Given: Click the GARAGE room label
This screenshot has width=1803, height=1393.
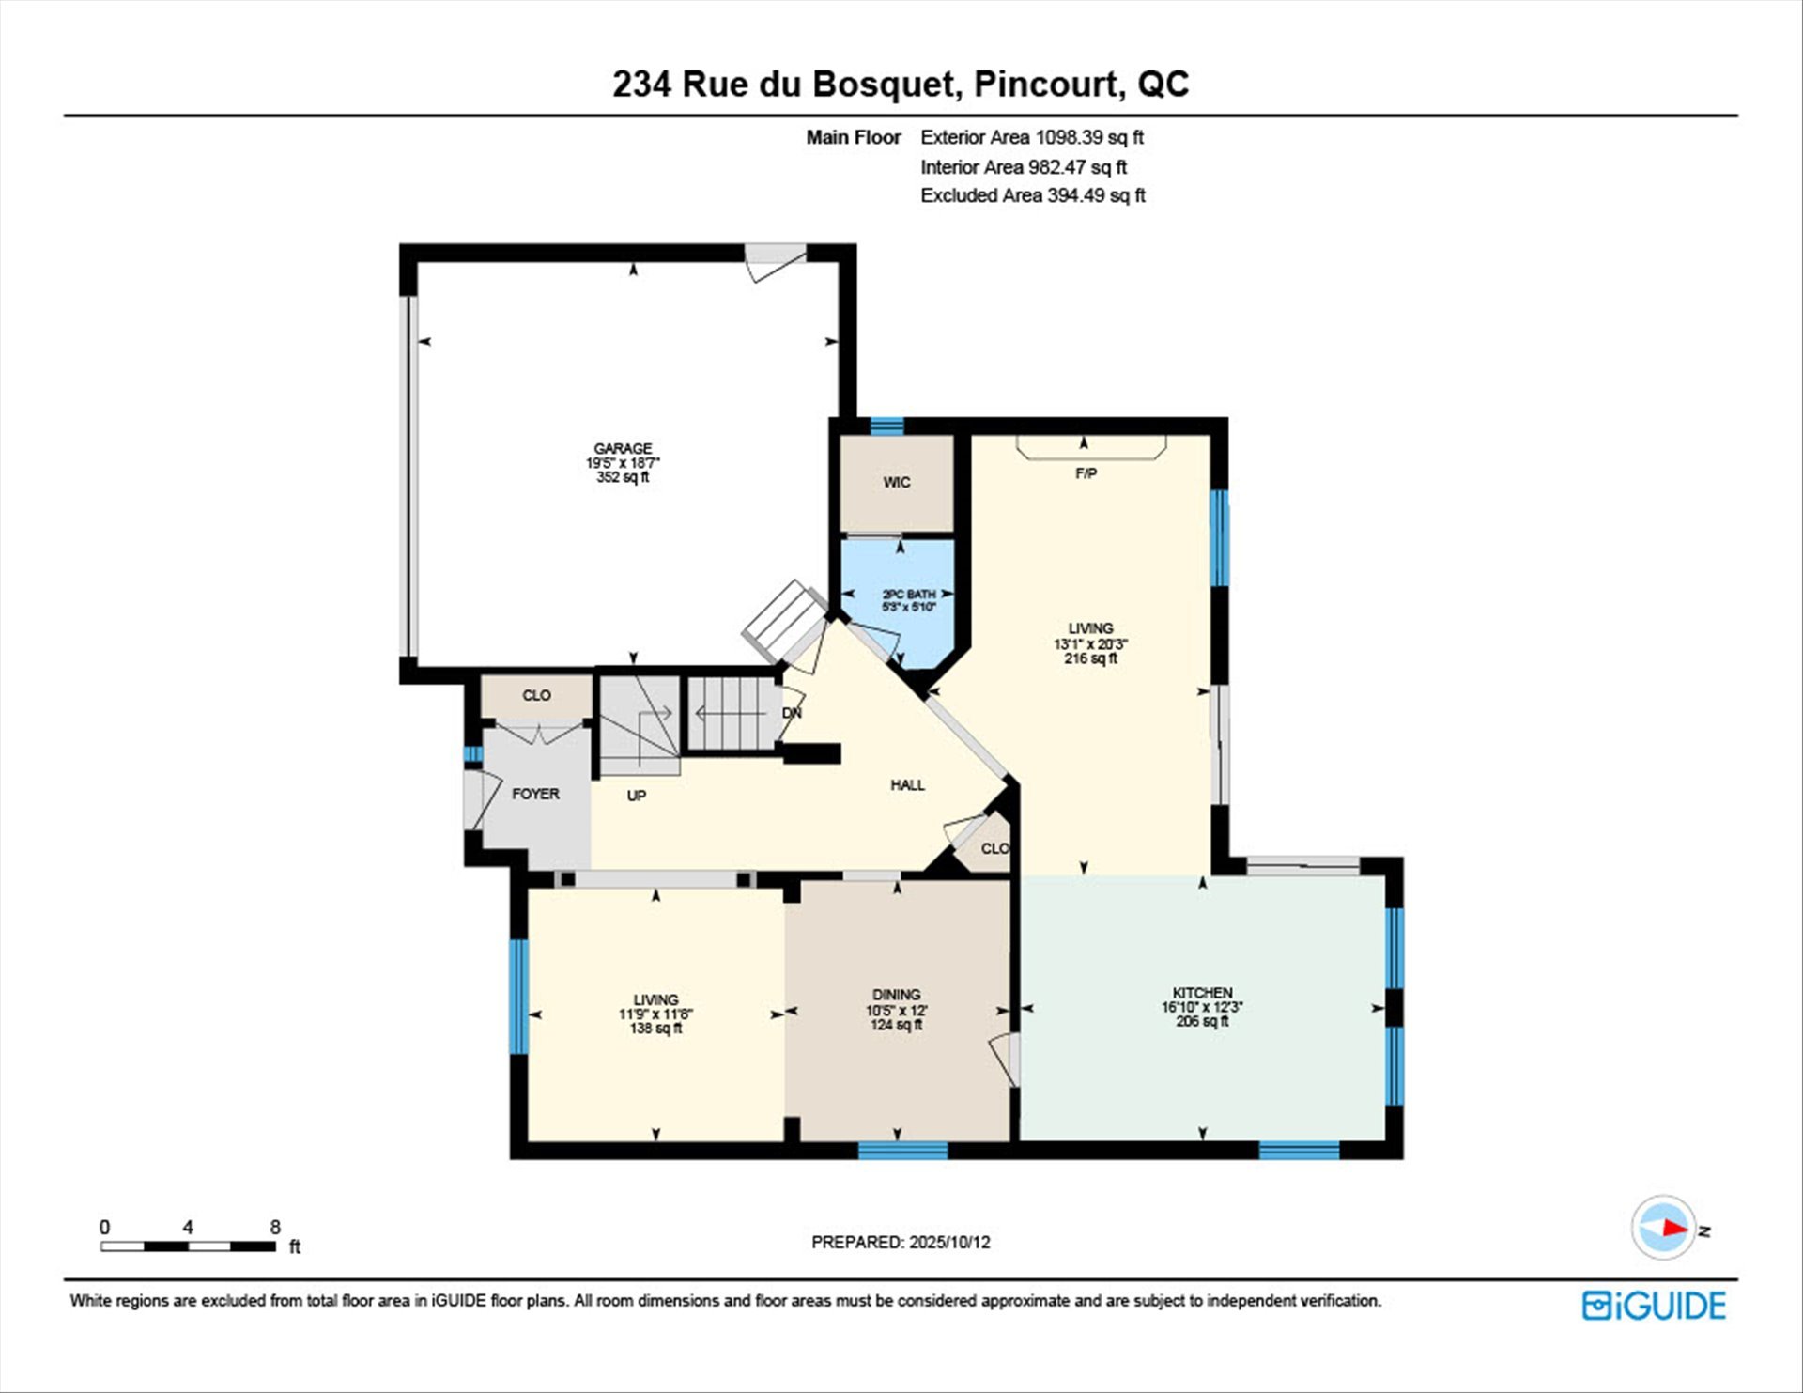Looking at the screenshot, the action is tap(623, 449).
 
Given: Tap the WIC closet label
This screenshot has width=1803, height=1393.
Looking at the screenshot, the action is tap(897, 483).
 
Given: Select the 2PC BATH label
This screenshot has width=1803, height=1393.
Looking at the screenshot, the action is tap(909, 595).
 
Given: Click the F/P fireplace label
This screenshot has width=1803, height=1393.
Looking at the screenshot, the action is tap(1086, 473).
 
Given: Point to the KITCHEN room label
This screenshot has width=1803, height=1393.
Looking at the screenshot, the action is tap(1202, 993).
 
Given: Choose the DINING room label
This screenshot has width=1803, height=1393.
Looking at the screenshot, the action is tap(896, 995).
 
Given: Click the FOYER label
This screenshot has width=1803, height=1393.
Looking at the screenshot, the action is tap(535, 794).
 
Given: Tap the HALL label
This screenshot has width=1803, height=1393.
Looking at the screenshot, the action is tap(907, 785).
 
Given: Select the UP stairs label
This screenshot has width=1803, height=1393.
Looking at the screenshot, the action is tap(636, 796).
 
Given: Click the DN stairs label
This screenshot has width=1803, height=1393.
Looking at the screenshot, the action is tap(792, 713).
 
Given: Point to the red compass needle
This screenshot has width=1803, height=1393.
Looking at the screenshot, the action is tap(1675, 1227).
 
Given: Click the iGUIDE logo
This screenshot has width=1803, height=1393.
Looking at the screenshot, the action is tap(1654, 1306).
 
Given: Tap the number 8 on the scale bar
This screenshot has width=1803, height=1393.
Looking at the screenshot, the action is tap(275, 1227).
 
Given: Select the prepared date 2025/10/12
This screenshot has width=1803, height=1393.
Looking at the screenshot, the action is tap(949, 1242).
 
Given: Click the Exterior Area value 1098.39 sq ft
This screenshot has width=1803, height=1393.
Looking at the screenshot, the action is tap(1089, 137).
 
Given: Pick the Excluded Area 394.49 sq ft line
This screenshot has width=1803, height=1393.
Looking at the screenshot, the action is tap(1033, 195).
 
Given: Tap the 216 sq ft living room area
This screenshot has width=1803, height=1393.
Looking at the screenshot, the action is tap(1090, 658).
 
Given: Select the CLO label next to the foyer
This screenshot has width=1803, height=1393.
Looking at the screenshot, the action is tap(536, 695).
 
